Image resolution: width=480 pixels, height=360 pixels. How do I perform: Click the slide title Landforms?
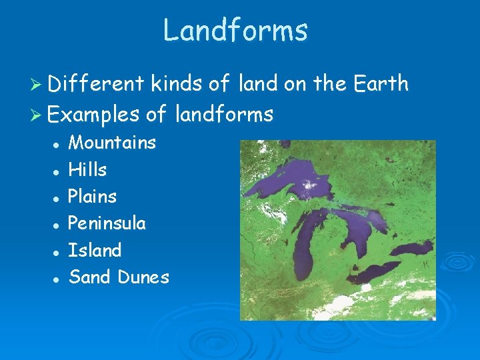tap(235, 31)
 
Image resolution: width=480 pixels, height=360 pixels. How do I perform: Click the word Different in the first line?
tap(96, 84)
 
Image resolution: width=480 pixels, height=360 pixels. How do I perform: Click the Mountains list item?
tap(112, 143)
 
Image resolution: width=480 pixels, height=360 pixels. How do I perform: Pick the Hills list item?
tap(87, 170)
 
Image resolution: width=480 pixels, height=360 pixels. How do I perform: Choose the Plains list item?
tap(92, 197)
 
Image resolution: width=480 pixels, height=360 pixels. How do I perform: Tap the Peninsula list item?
tap(107, 223)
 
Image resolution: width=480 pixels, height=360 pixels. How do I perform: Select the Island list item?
tap(95, 251)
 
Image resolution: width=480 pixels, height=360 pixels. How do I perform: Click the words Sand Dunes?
tap(119, 277)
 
